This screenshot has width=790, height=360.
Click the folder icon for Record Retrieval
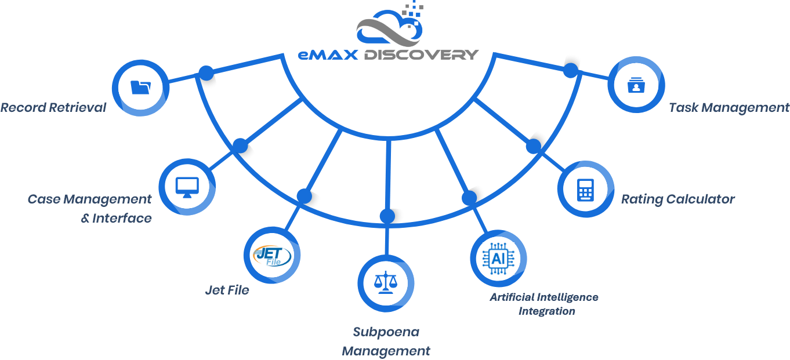[x=140, y=88]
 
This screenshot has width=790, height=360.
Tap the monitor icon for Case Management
[x=187, y=187]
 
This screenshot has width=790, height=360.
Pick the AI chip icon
[x=498, y=258]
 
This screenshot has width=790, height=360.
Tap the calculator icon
[x=585, y=190]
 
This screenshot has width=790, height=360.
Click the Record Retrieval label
[x=53, y=108]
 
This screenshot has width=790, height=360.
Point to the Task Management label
[x=729, y=108]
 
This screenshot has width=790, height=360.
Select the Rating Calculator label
[x=677, y=199]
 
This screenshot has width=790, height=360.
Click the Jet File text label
[x=227, y=290]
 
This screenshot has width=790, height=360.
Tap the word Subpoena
[x=386, y=332]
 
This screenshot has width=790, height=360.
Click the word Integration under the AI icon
[x=546, y=311]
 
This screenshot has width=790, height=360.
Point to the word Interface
[x=122, y=219]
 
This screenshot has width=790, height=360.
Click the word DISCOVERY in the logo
[x=421, y=55]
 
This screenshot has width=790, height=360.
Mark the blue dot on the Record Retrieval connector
[x=205, y=73]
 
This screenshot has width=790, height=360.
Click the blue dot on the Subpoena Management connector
[x=387, y=216]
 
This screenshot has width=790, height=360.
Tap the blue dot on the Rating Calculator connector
[x=533, y=146]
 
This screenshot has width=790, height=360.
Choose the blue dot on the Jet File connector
[x=304, y=196]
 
